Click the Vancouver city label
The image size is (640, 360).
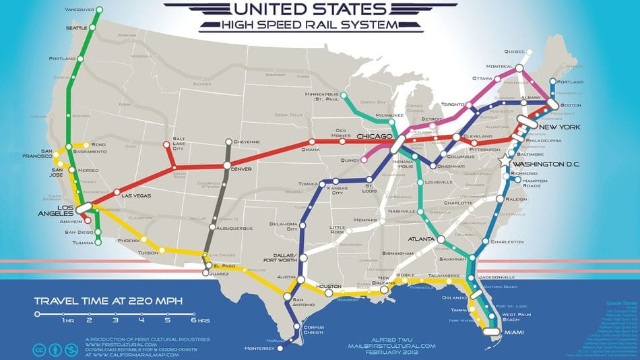(x=79, y=9)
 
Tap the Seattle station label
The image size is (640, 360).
(x=76, y=28)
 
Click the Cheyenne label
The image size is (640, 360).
(x=248, y=142)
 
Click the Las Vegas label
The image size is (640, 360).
(x=136, y=196)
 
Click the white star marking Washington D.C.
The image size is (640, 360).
(x=506, y=162)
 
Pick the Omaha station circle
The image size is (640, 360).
(x=311, y=141)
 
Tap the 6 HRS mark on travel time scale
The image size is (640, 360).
(x=194, y=313)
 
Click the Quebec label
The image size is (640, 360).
(x=514, y=52)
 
